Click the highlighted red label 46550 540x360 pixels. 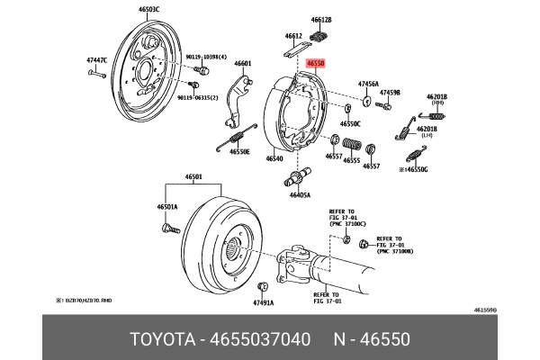315,64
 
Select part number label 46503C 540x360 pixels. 149,9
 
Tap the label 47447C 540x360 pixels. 96,60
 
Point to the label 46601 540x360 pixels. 243,64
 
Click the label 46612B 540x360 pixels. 321,19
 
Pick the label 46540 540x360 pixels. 274,158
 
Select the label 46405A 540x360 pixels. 300,194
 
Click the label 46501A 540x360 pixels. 167,207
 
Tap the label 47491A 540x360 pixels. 263,303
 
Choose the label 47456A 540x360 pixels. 368,83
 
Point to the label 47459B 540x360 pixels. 389,93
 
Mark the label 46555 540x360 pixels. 352,160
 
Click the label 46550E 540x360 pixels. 238,152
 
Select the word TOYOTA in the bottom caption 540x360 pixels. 163,339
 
